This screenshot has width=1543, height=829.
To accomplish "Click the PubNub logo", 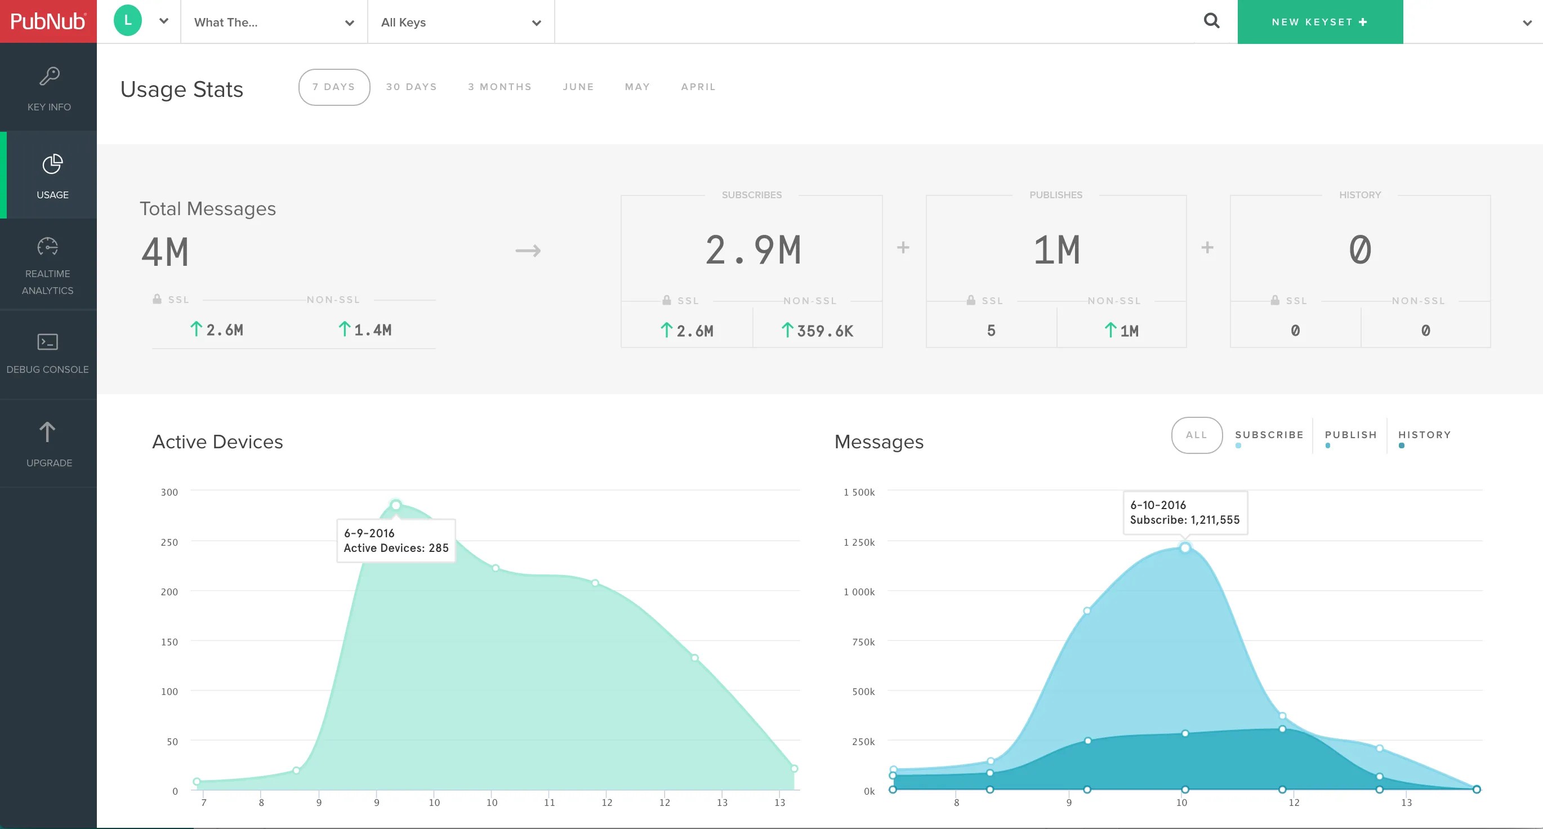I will [48, 21].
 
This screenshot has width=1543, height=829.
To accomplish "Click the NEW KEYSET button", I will [1319, 21].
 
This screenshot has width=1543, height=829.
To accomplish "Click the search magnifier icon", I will [1211, 21].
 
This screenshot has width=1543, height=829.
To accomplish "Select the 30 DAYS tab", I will [411, 87].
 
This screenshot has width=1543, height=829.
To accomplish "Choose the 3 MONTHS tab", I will [499, 87].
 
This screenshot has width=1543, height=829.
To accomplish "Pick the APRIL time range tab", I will [698, 87].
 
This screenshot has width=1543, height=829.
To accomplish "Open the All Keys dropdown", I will [461, 22].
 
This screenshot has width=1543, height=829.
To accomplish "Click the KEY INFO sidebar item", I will [48, 88].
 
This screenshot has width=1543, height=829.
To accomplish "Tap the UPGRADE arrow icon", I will [47, 433].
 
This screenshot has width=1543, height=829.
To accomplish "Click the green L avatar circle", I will [128, 20].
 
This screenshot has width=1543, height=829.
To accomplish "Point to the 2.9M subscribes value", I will [752, 250].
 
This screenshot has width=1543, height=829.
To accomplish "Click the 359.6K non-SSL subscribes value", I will [818, 331].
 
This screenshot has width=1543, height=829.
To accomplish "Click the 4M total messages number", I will [165, 252].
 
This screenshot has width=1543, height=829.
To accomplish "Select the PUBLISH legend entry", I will [1350, 435].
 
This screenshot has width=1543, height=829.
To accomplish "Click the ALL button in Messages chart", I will [1196, 435].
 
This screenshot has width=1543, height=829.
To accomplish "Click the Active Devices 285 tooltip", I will [396, 540].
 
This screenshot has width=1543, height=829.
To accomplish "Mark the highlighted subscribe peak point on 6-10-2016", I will [1184, 547].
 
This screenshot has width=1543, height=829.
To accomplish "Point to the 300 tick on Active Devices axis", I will [169, 492].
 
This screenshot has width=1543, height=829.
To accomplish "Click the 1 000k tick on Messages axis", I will [859, 592].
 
